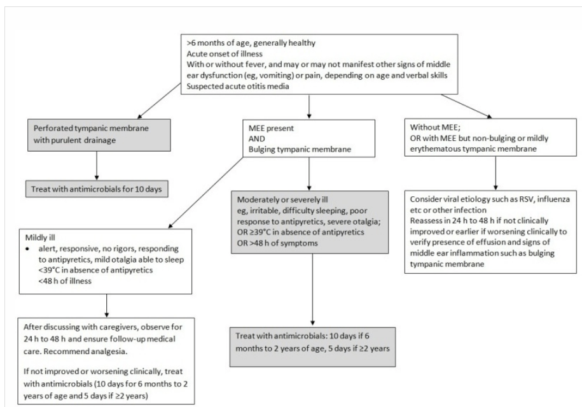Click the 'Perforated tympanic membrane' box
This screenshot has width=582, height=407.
[x=99, y=135]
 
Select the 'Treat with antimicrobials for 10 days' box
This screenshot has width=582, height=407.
[x=97, y=189]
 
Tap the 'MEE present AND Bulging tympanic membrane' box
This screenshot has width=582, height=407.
[x=309, y=138]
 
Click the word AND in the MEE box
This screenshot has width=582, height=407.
[x=257, y=139]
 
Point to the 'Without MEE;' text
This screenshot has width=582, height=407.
[x=435, y=127]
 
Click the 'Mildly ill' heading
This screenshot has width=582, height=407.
[x=40, y=238]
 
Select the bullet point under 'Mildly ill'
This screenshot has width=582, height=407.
[x=27, y=248]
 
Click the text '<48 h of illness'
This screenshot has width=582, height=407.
[x=65, y=281]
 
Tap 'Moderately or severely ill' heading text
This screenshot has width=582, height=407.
[x=282, y=199]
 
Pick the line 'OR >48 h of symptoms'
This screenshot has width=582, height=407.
[x=277, y=243]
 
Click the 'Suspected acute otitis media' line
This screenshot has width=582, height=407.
[x=237, y=87]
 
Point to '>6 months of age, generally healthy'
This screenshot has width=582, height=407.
[x=251, y=43]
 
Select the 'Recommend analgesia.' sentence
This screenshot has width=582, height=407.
[x=86, y=351]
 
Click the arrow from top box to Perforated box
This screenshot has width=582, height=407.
[x=159, y=101]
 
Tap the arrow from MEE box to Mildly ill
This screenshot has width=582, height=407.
[x=205, y=192]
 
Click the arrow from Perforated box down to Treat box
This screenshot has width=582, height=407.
[x=97, y=166]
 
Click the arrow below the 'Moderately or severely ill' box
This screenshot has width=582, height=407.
[x=312, y=290]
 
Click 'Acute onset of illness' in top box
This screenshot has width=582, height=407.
[x=224, y=54]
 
